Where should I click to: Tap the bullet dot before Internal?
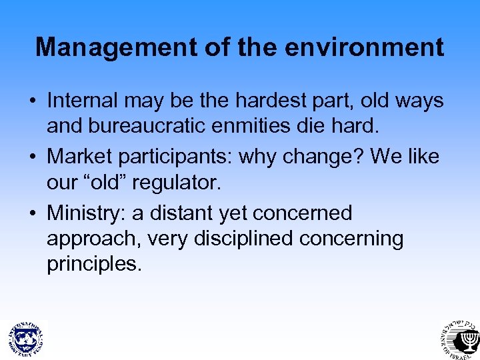coord(32,102)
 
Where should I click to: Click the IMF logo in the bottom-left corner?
coord(25,337)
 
